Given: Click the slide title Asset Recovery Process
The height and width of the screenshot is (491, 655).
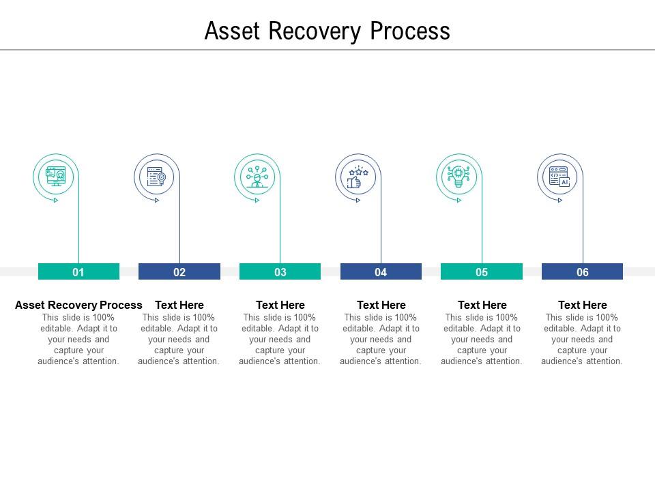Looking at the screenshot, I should pos(327,31).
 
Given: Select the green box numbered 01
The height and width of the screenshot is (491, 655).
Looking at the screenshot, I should pos(78,272).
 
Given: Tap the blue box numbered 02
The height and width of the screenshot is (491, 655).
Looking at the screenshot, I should pos(179,272).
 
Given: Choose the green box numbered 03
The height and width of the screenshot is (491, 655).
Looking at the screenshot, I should pos(280,272).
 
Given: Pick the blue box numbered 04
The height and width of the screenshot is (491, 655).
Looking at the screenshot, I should pos(381,272).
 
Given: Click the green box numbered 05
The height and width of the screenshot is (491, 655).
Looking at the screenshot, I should pos(482,272).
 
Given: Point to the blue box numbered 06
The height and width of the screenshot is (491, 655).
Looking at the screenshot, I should pos(582,272).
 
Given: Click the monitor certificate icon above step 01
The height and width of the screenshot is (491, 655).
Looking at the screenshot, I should pos(55,177).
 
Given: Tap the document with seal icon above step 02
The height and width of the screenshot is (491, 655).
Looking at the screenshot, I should pos(156,177).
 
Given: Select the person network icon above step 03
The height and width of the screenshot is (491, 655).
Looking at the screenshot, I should pos(257,177).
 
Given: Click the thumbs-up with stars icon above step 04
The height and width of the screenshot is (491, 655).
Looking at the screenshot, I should pos(358,177).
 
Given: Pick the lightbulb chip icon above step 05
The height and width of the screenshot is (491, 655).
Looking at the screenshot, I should pos(458,177).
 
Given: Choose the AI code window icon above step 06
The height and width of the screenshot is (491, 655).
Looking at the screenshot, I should pos(559,177).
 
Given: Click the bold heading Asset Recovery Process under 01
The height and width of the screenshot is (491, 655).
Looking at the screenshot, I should pos(78,305).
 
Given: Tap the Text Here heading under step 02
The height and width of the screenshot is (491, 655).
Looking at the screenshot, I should pos(179,305).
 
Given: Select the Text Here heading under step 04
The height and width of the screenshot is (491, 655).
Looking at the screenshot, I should pos(381,305).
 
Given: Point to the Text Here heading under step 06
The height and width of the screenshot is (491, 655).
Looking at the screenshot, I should pos(582,305).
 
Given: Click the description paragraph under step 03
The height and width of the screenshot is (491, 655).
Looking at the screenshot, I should pos(280,340).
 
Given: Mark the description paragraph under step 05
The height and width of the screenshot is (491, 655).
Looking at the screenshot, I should pos(482,340).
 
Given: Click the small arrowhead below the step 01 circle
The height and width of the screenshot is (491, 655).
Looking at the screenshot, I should pos(56,200).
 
